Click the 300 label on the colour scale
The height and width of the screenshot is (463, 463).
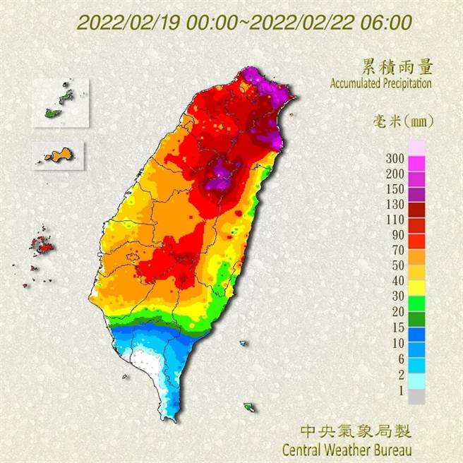[x=395, y=157]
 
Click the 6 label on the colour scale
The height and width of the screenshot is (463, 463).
[x=399, y=357]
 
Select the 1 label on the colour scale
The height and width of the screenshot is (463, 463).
[x=399, y=387]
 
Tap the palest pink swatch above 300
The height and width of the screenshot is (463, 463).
[x=416, y=148]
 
